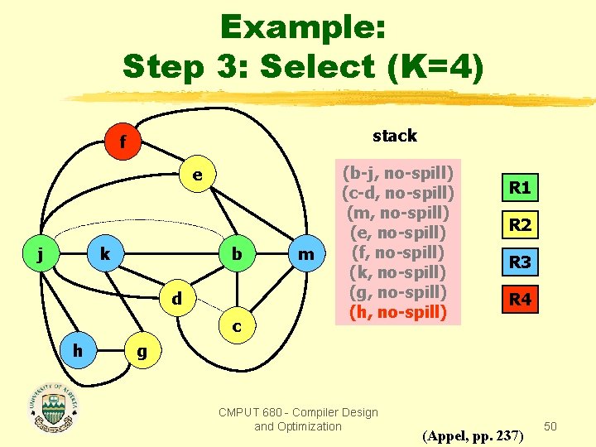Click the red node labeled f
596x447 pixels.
pos(123,142)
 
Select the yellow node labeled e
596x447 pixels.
pos(197,175)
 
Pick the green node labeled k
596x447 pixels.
pos(105,254)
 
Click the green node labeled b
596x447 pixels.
pos(237,254)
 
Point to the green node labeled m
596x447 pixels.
pos(305,254)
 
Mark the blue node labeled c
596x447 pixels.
pos(237,327)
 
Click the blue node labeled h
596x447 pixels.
pos(77,348)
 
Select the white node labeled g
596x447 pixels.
pos(142,350)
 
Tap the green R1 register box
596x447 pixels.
pos(520,188)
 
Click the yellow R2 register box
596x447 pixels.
pos(520,224)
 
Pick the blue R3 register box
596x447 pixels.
pos(520,262)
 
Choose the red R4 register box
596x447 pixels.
pos(520,300)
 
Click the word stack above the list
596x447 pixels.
pos(395,135)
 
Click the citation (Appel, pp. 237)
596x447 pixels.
pos(473,435)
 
